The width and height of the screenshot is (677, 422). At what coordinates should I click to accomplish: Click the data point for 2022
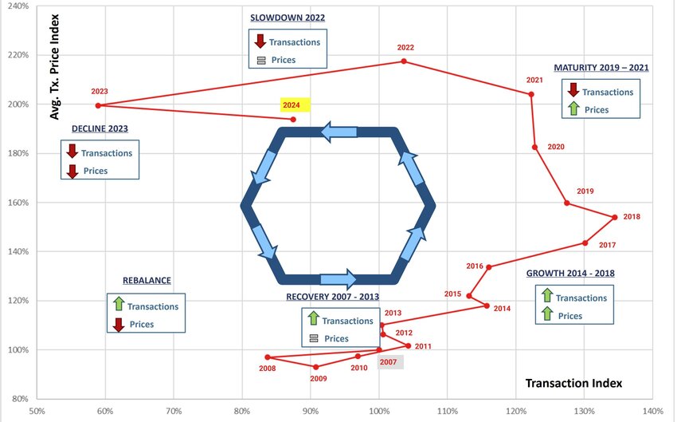pos(404,61)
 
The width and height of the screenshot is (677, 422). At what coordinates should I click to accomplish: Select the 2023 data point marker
pos(98,105)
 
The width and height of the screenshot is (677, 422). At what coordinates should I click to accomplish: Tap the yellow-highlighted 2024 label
pos(292,105)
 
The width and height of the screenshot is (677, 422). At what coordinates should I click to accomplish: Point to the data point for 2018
pos(615,217)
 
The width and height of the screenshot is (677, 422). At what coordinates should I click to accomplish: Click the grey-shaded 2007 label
pos(388,362)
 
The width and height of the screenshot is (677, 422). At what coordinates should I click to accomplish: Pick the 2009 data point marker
pos(316,367)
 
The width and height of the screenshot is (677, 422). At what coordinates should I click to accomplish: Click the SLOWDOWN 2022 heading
pos(288,18)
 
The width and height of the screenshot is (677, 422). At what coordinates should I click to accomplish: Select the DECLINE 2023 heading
pos(100,129)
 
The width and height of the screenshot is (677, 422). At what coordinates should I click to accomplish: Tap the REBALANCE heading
pos(147,281)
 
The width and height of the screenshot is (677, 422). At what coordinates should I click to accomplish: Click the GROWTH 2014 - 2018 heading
pos(570,274)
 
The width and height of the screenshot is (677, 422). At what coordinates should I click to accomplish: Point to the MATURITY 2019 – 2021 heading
pos(601,68)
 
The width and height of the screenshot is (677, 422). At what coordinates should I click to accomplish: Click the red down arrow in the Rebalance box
pos(119,325)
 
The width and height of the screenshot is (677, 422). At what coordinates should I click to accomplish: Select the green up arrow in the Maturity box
pos(573,108)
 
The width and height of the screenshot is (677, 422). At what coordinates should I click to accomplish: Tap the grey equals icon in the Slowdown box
pos(261,61)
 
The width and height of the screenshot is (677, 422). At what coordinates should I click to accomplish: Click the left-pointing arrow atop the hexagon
pos(339,132)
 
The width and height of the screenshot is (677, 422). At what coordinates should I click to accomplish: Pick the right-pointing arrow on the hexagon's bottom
pos(338,279)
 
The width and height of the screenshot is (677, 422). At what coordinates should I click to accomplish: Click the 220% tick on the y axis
pos(18,55)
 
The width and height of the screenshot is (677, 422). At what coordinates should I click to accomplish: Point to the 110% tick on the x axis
pos(448,411)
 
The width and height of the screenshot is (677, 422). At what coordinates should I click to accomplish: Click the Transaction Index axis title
pos(573,383)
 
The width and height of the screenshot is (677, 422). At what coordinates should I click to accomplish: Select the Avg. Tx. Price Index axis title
pos(54,67)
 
